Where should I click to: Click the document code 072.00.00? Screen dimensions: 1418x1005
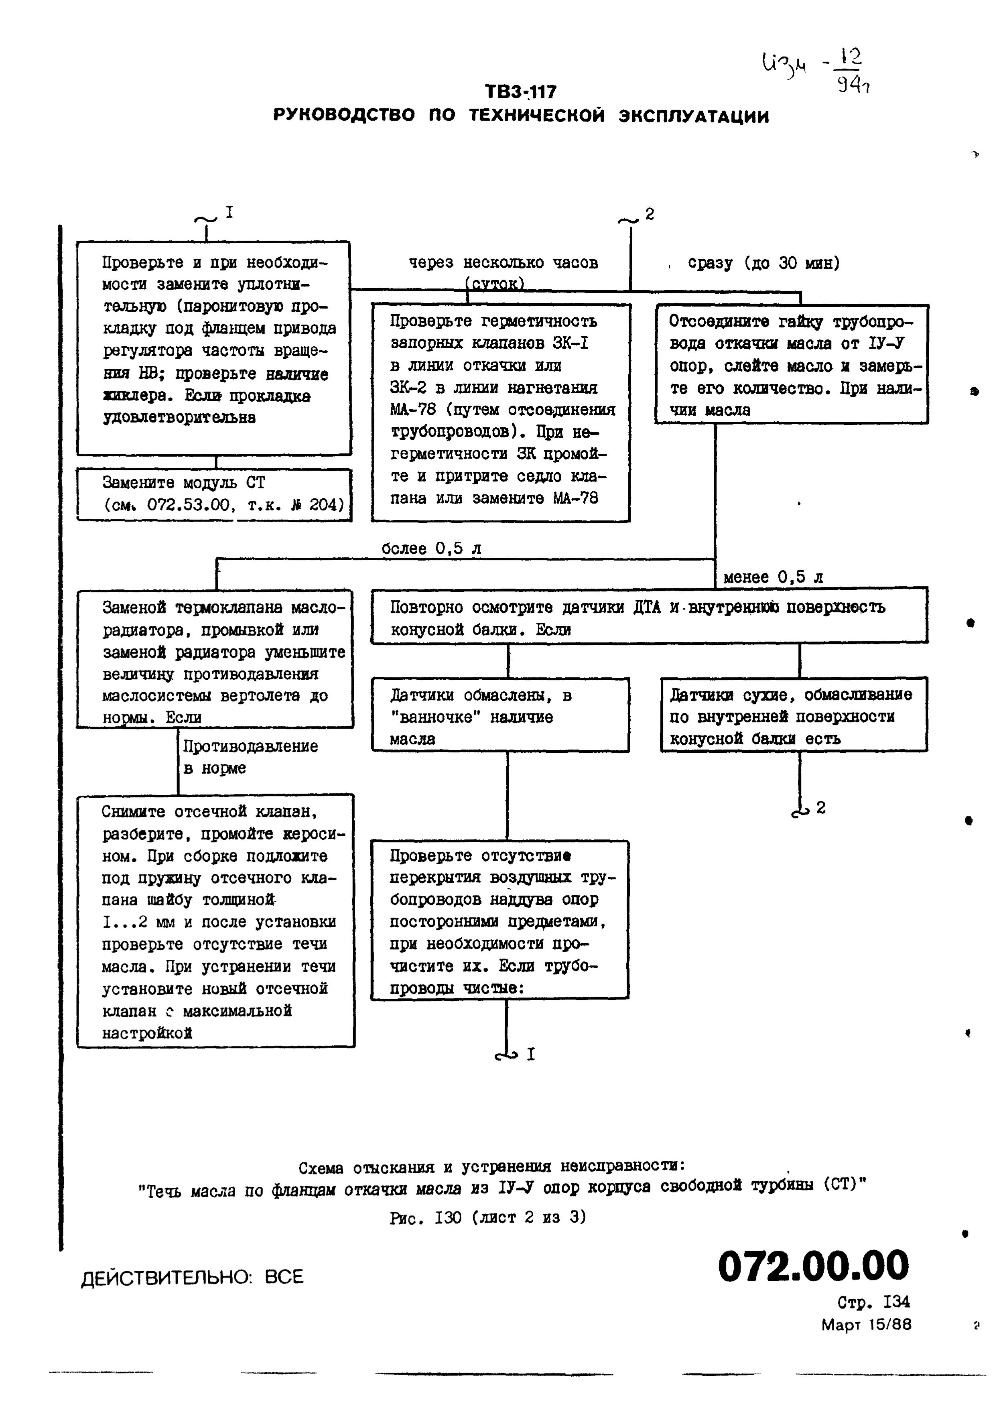tap(813, 1266)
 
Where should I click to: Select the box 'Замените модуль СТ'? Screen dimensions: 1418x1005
tap(214, 494)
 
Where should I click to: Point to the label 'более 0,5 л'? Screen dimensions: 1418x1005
tap(431, 549)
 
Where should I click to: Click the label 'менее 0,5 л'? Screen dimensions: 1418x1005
tap(773, 577)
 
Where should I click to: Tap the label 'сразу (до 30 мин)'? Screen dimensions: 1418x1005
tap(763, 263)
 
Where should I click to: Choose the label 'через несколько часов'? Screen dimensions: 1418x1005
tap(503, 263)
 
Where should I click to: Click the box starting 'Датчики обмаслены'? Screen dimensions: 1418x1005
tap(500, 715)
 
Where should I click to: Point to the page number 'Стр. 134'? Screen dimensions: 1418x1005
tap(873, 1302)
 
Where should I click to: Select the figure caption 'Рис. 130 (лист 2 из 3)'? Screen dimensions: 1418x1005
tap(487, 1217)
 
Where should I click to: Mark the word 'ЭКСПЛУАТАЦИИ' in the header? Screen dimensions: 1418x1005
tap(694, 116)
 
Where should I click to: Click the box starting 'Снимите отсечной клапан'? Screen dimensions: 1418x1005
tap(215, 920)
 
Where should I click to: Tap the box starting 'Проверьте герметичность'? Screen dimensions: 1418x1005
tap(500, 412)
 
